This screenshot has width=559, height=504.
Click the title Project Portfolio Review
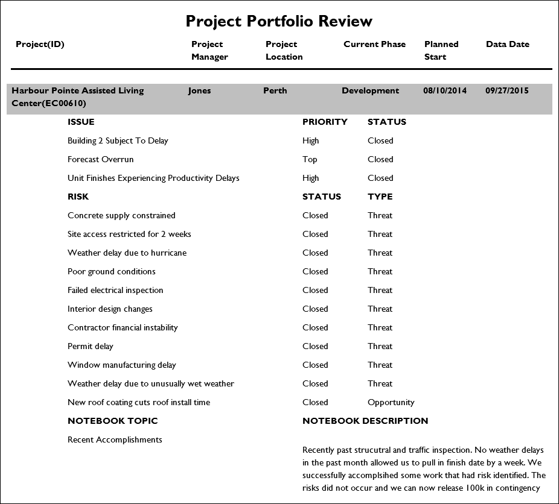279,21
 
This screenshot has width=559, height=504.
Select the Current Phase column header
374,44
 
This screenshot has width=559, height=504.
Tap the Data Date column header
507,44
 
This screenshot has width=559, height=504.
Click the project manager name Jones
199,90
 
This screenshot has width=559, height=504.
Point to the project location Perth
275,90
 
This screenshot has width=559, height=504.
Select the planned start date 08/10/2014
445,90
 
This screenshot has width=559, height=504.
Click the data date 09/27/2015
506,90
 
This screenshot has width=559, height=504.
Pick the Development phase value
370,90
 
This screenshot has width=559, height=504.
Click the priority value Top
310,159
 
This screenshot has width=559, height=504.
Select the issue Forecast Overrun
101,159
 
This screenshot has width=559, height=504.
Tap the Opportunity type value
391,402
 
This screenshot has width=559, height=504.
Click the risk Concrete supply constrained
121,215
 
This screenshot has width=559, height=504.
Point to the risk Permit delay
91,346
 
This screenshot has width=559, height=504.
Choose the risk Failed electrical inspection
115,290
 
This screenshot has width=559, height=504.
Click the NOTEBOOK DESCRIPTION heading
365,421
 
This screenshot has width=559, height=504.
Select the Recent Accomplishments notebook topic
115,439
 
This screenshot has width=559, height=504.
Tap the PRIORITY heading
325,122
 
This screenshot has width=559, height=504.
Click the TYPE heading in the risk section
380,197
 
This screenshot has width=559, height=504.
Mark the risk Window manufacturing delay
122,365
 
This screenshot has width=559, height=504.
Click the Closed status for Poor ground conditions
315,271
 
